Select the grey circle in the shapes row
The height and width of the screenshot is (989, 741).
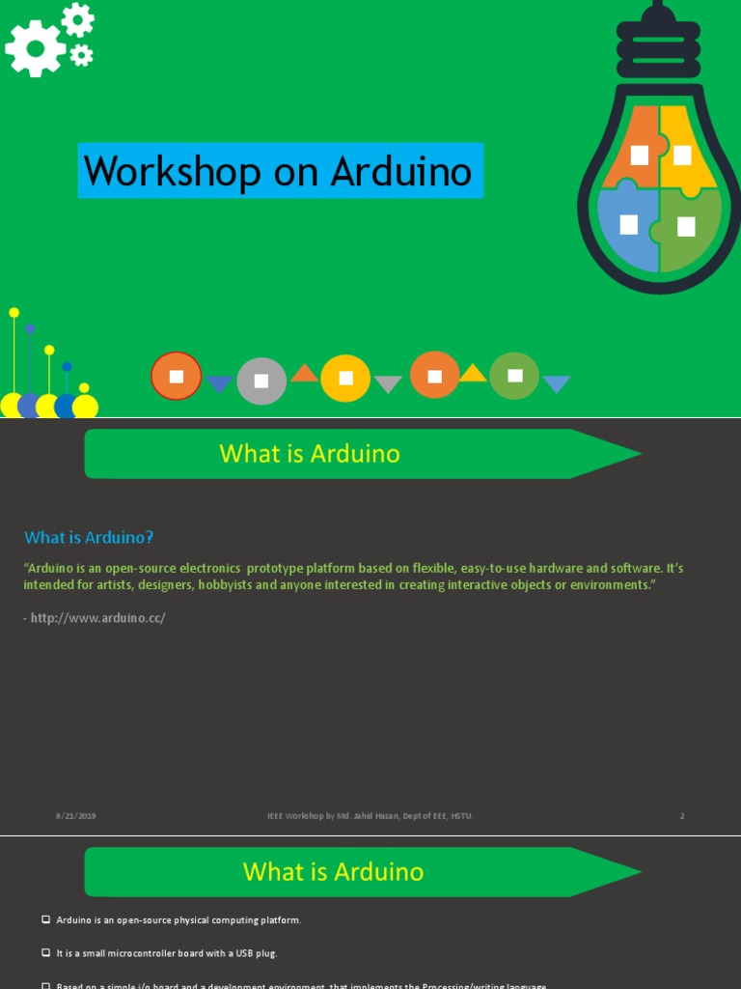(261, 381)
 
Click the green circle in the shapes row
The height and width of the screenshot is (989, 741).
(514, 376)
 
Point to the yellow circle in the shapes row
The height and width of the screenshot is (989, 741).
(345, 378)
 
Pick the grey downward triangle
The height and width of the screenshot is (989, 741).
(388, 383)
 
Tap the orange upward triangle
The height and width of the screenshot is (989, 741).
(305, 374)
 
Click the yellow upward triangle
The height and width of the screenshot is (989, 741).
(473, 374)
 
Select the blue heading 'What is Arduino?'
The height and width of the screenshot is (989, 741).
(89, 537)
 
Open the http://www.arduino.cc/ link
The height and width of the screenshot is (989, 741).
(97, 617)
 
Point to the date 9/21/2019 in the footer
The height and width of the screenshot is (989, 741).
(75, 816)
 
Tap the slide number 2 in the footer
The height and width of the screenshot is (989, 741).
(682, 816)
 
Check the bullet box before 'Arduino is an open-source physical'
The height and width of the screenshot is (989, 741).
(45, 919)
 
